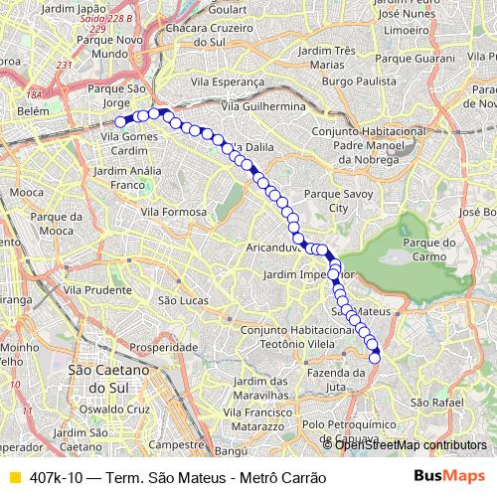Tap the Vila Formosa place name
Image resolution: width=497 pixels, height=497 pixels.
click(173, 212)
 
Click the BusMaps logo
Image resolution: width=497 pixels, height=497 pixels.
click(450, 476)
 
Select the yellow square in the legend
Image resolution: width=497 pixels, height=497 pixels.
click(14, 477)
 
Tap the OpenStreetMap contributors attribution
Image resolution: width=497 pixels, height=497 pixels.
click(410, 444)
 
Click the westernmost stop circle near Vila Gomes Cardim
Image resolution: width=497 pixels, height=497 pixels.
click(120, 122)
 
